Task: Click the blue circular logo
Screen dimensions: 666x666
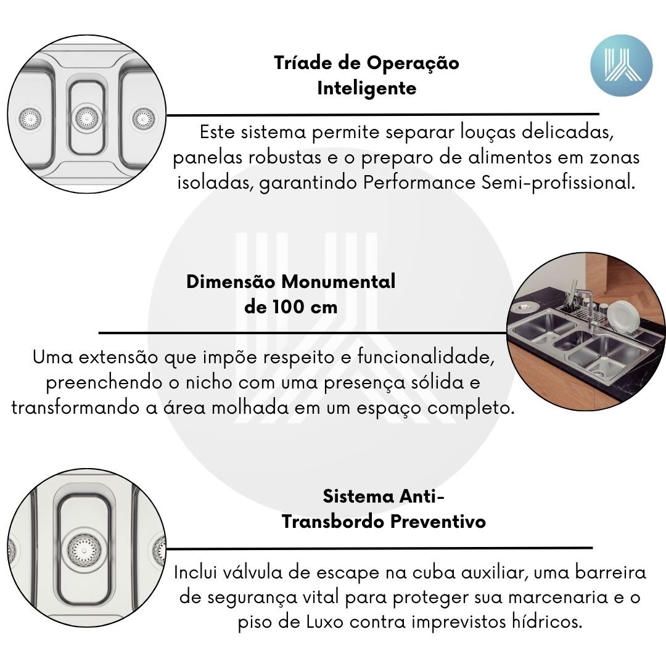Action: [621, 65]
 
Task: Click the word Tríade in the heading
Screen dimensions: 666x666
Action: [303, 63]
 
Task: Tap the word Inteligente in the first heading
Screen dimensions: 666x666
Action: [366, 88]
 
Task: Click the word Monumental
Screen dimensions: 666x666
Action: [339, 282]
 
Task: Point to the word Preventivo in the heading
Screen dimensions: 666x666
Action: [438, 522]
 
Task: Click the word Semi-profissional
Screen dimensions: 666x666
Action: [559, 183]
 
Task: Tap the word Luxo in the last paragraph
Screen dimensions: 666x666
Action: [324, 622]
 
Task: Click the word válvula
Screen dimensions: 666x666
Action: [252, 572]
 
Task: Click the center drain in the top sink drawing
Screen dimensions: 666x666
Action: [87, 118]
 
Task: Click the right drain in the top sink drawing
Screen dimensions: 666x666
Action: [144, 118]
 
